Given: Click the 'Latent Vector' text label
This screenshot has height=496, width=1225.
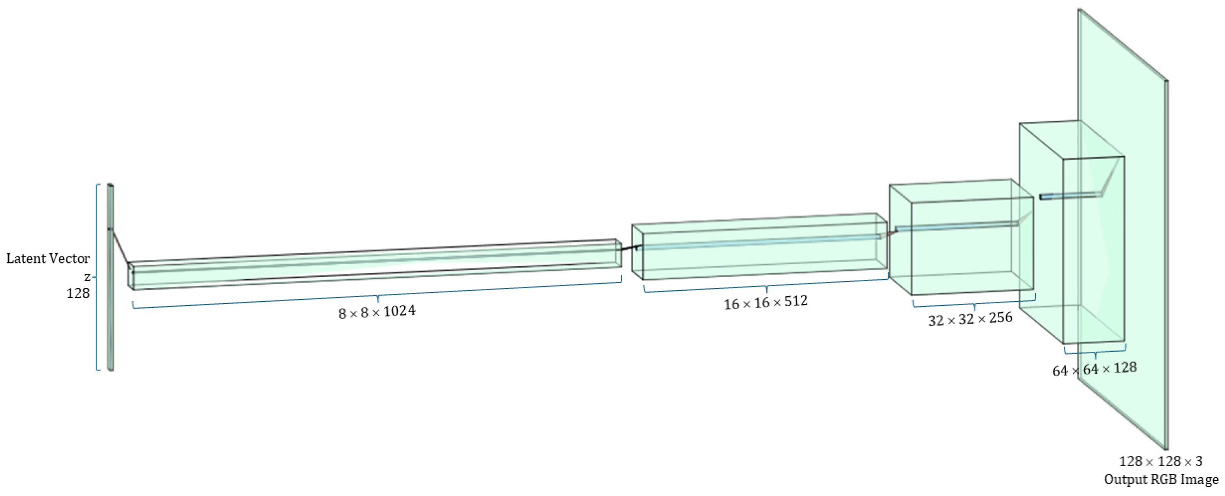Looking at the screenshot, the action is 48,259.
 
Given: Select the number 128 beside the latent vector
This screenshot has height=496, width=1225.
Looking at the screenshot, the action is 78,293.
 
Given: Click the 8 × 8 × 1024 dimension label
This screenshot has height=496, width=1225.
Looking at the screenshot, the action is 377,312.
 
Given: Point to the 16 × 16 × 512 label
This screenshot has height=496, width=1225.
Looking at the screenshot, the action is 766,302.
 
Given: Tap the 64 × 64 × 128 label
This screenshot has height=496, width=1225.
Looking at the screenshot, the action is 1094,369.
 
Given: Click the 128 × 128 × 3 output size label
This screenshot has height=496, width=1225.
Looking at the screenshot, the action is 1160,461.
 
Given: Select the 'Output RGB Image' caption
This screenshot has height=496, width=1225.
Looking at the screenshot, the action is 1161,480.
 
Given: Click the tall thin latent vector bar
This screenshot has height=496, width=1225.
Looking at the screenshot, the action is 110,277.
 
